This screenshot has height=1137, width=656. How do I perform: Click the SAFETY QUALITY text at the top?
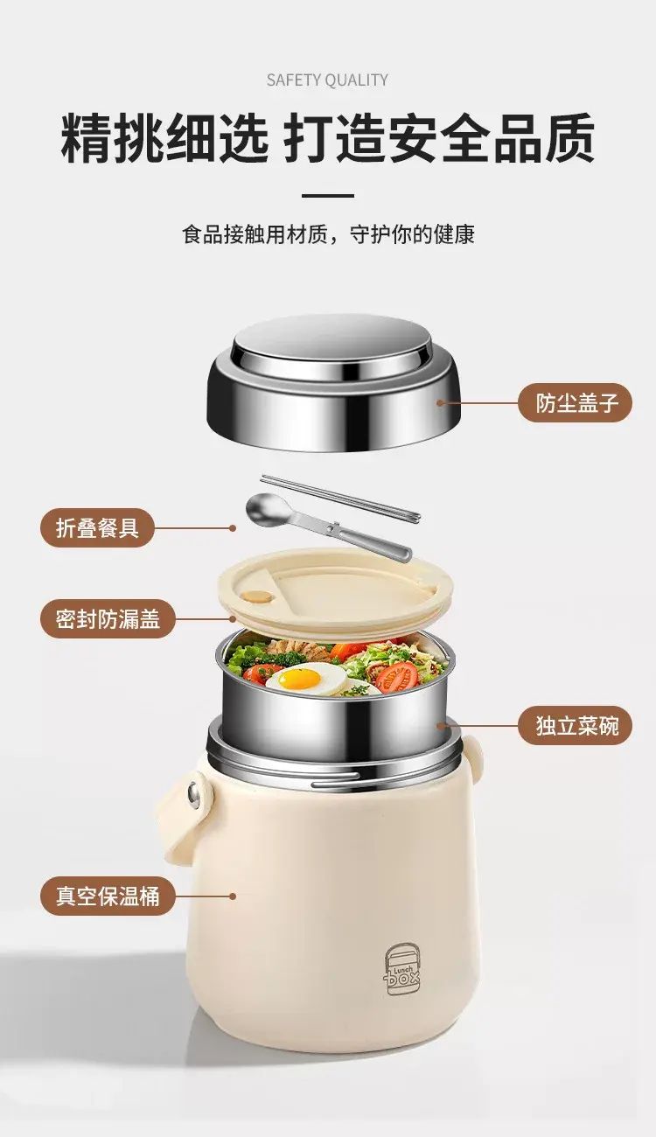tap(327, 80)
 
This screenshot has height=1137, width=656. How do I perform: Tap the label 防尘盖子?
tap(576, 402)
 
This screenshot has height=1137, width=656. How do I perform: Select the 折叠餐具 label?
tap(96, 528)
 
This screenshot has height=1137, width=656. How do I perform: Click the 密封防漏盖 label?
tap(108, 618)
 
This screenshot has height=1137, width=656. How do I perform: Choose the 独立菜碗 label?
tap(576, 725)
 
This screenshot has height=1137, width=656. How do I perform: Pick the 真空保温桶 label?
tap(108, 896)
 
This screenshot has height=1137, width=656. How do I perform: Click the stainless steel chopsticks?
tap(341, 498)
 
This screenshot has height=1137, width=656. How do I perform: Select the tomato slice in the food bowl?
tap(399, 676)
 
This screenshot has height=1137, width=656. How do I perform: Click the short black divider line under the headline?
tap(328, 195)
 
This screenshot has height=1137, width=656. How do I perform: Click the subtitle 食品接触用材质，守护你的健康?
tap(328, 234)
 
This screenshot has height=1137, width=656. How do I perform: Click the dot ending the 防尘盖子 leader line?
tap(440, 403)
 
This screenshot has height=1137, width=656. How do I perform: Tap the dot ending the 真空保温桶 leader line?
tap(233, 896)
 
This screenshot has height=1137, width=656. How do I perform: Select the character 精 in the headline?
tap(87, 138)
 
